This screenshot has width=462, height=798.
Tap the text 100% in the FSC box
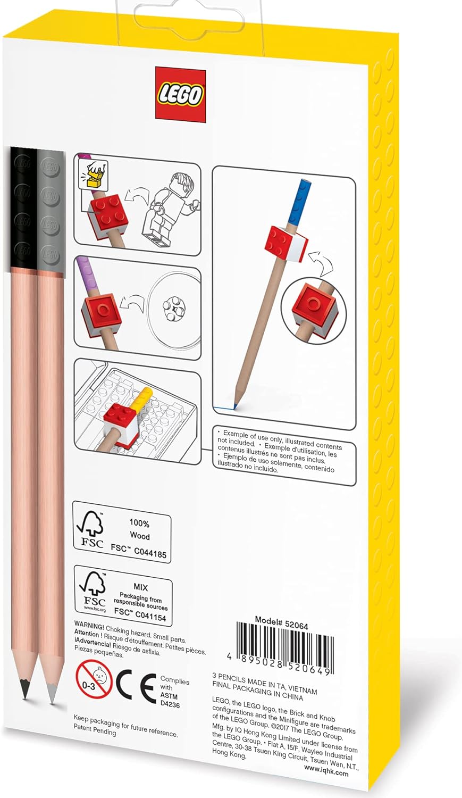click(x=139, y=523)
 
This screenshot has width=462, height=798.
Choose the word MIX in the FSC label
click(x=140, y=587)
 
